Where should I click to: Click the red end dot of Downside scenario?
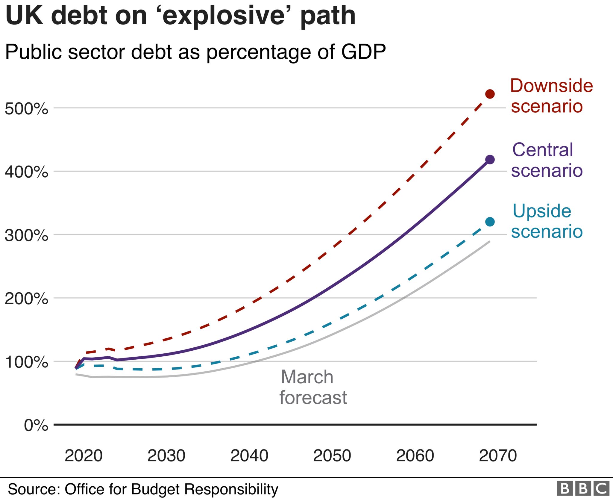coord(490,94)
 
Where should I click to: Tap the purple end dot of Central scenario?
coord(490,160)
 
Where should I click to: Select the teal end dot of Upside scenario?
coord(490,222)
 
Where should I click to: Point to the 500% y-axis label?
coord(26,108)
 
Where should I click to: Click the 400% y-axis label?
coord(26,172)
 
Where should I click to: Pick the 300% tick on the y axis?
coord(26,235)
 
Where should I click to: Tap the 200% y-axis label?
coord(26,299)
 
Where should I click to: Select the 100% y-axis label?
coord(26,362)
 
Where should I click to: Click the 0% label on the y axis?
coord(36,425)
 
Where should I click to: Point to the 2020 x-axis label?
coord(84,456)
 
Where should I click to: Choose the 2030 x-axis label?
coord(166,456)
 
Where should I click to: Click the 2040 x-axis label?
coord(249,456)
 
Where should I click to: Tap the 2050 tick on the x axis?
coord(332,456)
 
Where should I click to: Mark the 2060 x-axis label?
coord(415,456)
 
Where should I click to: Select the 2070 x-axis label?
coord(498,456)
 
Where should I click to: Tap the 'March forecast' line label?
coord(313,387)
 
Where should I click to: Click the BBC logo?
coord(583,489)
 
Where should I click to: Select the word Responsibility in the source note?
coord(231,489)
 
